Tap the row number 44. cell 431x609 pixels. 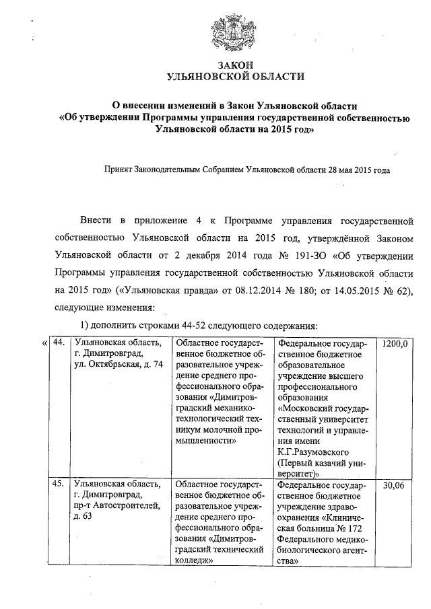pyautogui.click(x=59, y=343)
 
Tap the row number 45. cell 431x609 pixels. pyautogui.click(x=59, y=484)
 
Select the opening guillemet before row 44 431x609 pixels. pyautogui.click(x=44, y=344)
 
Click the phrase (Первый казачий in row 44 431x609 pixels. pyautogui.click(x=312, y=462)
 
